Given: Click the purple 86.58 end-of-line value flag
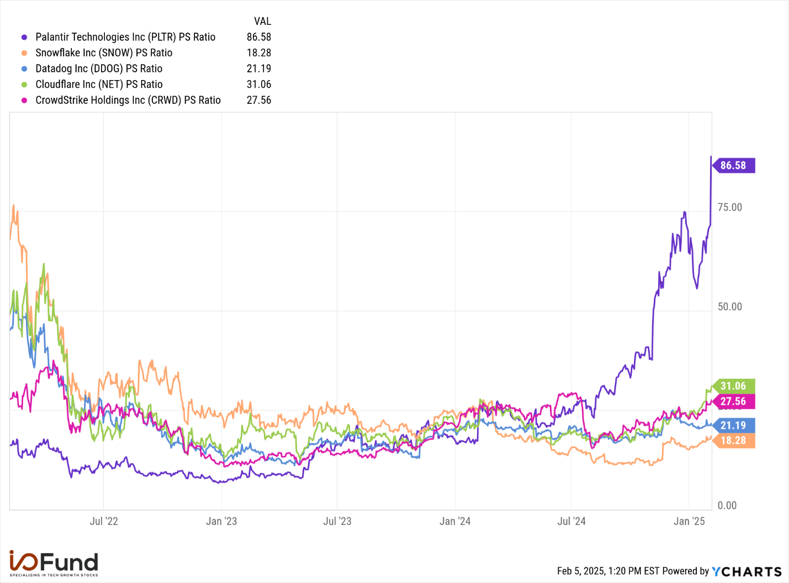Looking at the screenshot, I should pyautogui.click(x=733, y=165).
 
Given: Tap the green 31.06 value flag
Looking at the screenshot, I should pyautogui.click(x=733, y=386).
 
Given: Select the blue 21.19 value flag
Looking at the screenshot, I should pyautogui.click(x=733, y=425).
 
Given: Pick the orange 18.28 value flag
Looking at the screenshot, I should pyautogui.click(x=733, y=441).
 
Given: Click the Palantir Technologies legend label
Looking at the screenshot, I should pyautogui.click(x=125, y=37).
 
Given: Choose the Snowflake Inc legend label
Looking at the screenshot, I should pyautogui.click(x=104, y=53).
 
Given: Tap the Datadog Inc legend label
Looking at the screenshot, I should pyautogui.click(x=99, y=68).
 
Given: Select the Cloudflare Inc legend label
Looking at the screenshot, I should pyautogui.click(x=99, y=84).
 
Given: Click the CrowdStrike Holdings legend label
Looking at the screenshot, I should pyautogui.click(x=128, y=100).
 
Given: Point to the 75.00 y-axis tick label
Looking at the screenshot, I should pyautogui.click(x=729, y=207).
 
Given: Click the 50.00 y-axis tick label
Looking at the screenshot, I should pyautogui.click(x=729, y=306).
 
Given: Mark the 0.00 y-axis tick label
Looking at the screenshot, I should pyautogui.click(x=727, y=505).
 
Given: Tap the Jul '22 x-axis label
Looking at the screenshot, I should pyautogui.click(x=104, y=521).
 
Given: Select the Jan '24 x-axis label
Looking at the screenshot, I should pyautogui.click(x=455, y=521).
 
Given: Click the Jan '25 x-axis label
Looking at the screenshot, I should pyautogui.click(x=689, y=521).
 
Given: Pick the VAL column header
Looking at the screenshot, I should pyautogui.click(x=262, y=22).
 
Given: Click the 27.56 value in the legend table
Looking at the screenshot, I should pyautogui.click(x=259, y=100).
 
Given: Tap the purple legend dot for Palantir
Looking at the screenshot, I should pyautogui.click(x=24, y=38).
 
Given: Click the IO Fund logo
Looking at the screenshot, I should pyautogui.click(x=54, y=563).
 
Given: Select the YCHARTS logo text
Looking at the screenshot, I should pyautogui.click(x=746, y=571).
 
